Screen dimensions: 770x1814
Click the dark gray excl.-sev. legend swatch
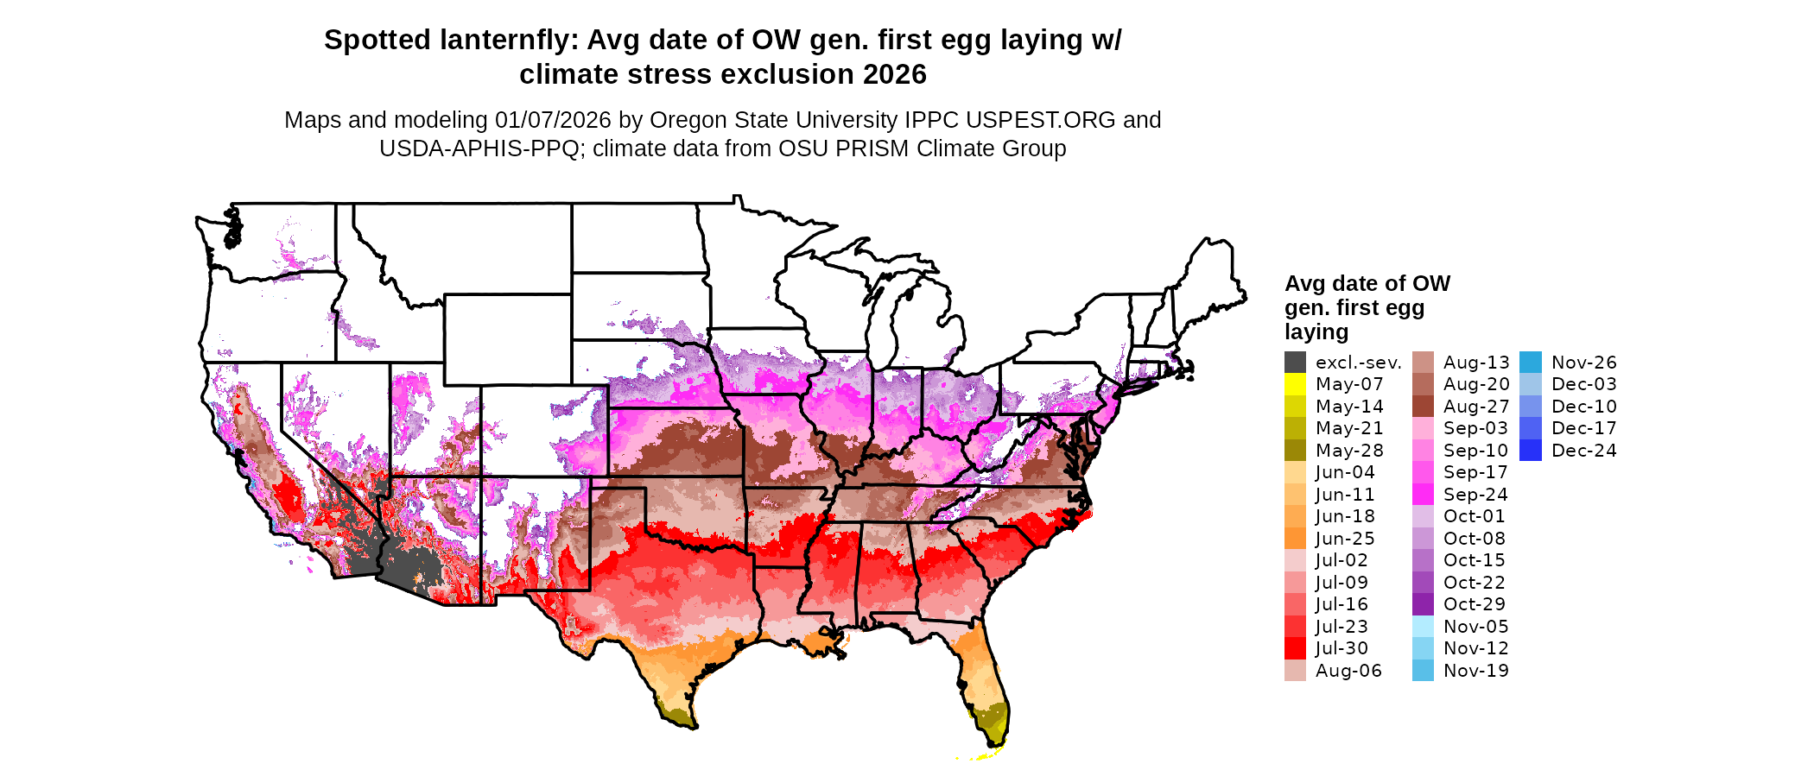click(1295, 362)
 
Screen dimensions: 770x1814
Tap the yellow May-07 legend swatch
click(1295, 384)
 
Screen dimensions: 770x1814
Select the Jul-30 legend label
click(1341, 648)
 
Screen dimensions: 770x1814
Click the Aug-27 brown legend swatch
click(1423, 406)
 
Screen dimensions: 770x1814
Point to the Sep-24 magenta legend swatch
click(1423, 494)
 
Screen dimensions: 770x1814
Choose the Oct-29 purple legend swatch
click(1423, 604)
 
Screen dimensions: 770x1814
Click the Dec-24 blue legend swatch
click(1530, 450)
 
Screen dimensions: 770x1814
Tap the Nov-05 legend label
click(1475, 627)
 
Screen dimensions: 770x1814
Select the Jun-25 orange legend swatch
click(1295, 538)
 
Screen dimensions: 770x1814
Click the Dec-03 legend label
click(1583, 384)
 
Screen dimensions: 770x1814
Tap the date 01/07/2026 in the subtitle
click(553, 120)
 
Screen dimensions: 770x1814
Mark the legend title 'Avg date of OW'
click(1367, 284)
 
